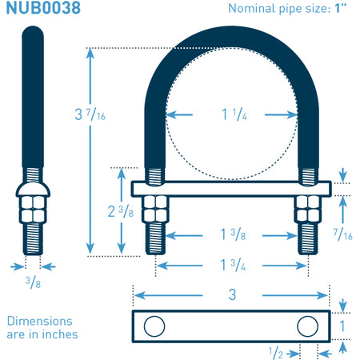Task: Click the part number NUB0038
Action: [43, 7]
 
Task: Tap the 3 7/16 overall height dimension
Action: [90, 114]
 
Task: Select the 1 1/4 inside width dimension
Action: [234, 114]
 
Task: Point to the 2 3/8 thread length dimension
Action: [121, 211]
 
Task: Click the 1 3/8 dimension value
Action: [233, 234]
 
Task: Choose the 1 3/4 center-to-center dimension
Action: [233, 265]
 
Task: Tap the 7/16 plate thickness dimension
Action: [342, 234]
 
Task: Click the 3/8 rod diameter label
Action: [33, 282]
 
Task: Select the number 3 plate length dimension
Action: [232, 294]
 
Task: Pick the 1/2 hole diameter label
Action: [275, 353]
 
